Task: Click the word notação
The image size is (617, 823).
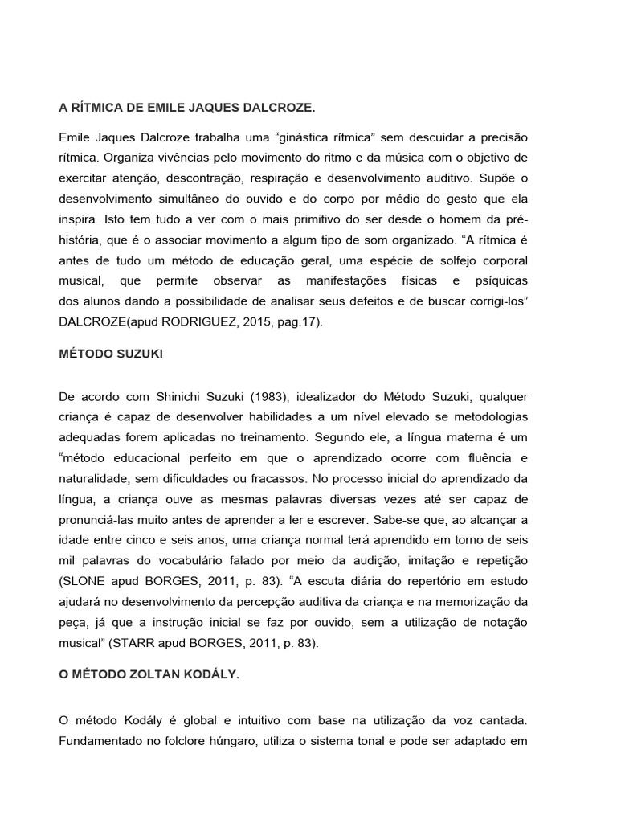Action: pyautogui.click(x=501, y=621)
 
